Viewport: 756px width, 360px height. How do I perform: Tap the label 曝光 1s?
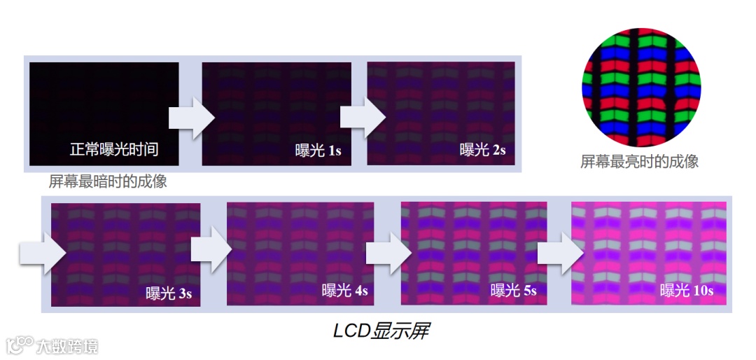tap(318, 150)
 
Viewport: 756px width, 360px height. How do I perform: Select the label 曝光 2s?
tap(482, 149)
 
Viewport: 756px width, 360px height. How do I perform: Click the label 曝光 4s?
tap(344, 291)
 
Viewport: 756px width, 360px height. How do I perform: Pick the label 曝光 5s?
tap(513, 291)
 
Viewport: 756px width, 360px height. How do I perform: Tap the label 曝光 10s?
tap(687, 291)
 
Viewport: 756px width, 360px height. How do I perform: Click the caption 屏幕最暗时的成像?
tap(108, 181)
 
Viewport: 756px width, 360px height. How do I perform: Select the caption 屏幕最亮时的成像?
tap(640, 162)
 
